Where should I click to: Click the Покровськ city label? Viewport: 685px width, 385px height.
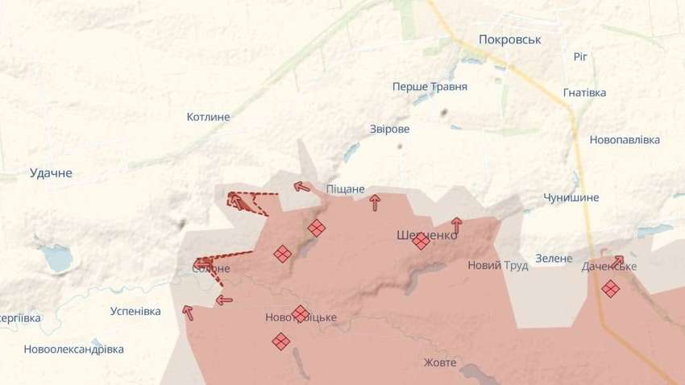tap(509, 39)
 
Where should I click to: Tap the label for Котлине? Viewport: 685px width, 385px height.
tap(208, 117)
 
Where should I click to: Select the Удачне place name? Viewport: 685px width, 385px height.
tap(51, 172)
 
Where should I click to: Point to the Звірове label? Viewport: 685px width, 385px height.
tap(389, 129)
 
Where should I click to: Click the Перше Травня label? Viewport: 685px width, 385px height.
tap(430, 86)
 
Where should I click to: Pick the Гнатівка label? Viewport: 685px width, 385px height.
tap(585, 93)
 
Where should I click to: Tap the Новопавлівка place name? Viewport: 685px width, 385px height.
tap(625, 139)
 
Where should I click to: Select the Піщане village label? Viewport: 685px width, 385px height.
tap(345, 188)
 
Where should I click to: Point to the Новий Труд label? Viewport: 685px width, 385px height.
tap(498, 265)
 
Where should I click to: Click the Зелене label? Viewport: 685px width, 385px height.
tap(553, 259)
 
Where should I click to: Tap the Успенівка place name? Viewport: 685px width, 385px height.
tap(135, 311)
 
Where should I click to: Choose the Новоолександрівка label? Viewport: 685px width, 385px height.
tap(74, 350)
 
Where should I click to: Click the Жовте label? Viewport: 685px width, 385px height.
tap(440, 362)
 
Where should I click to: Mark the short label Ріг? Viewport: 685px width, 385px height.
tap(580, 56)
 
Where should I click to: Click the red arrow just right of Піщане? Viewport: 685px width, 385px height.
tap(375, 202)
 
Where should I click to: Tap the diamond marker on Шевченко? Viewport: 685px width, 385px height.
tap(421, 240)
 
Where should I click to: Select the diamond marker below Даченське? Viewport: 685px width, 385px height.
tap(611, 288)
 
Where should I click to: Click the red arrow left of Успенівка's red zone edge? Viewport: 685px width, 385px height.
tap(188, 313)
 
